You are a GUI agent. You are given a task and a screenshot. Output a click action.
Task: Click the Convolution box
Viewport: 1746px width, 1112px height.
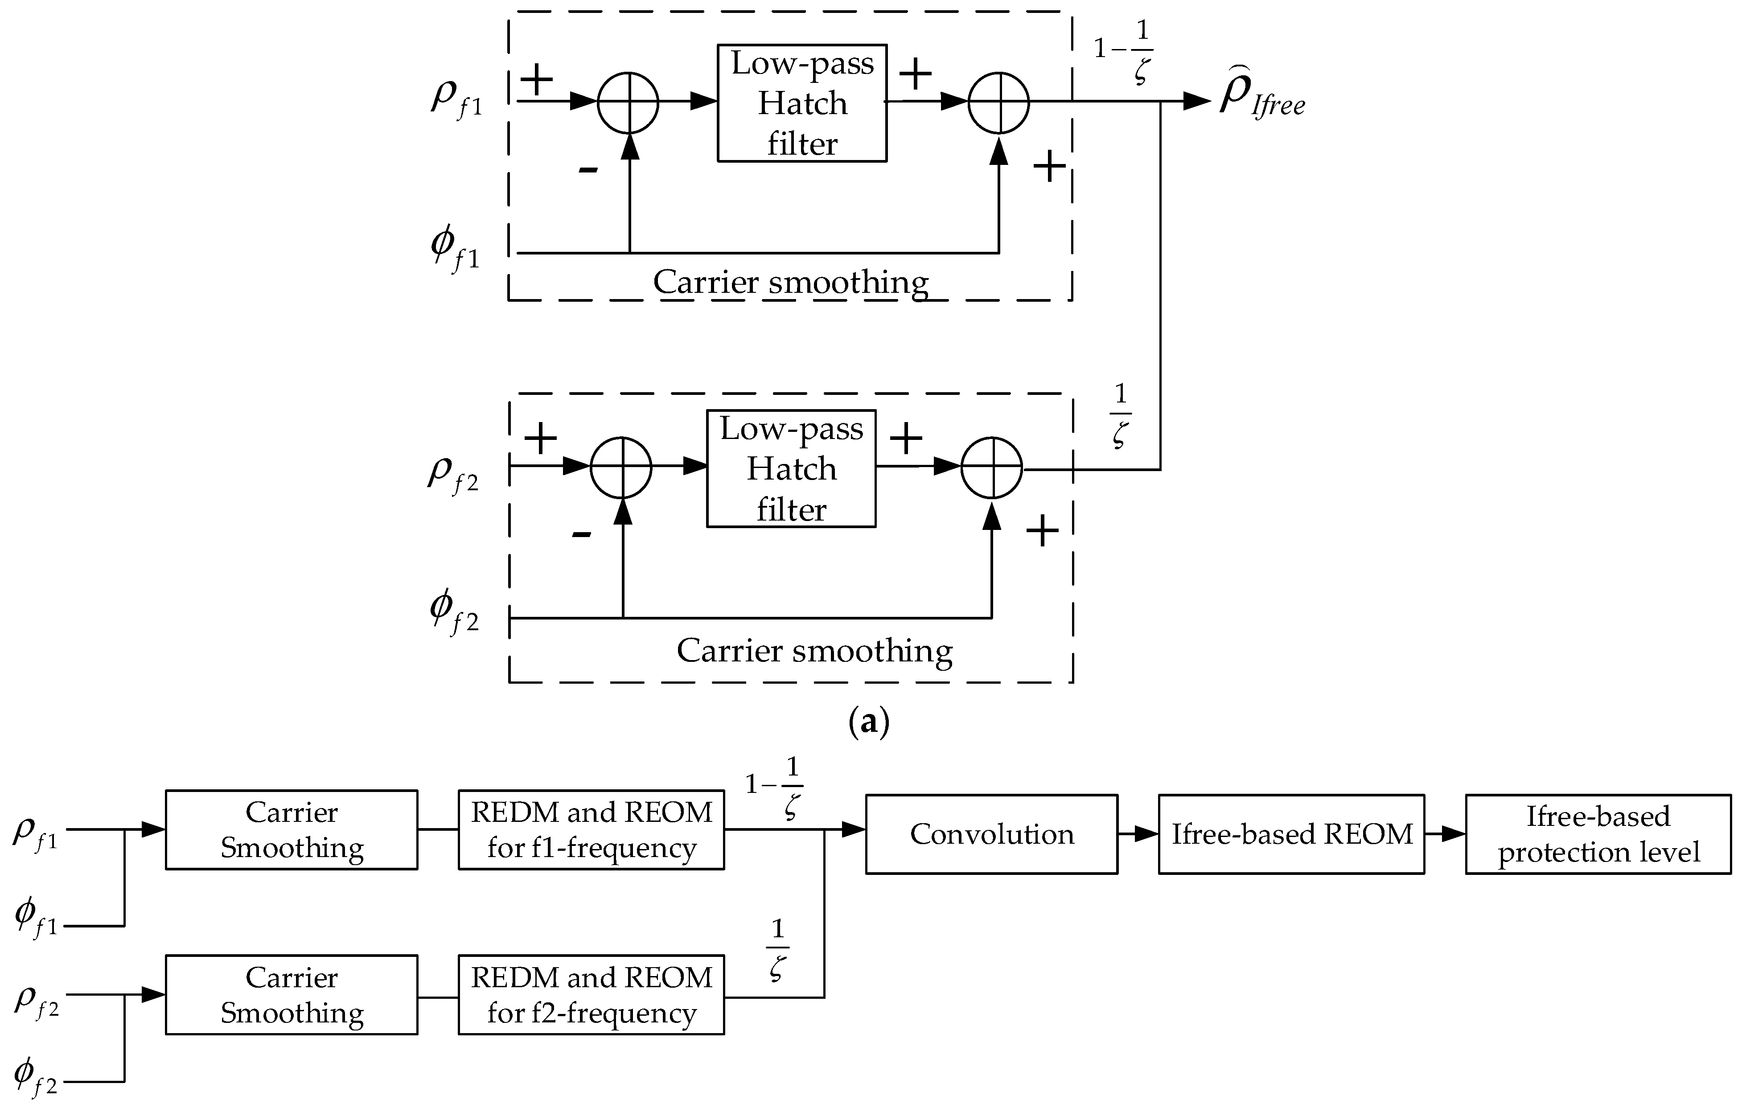(991, 834)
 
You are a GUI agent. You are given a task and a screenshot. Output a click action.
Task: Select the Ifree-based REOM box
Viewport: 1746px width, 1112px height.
(1291, 834)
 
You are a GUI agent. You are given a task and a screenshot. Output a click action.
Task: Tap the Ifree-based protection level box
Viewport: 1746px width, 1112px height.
(1598, 834)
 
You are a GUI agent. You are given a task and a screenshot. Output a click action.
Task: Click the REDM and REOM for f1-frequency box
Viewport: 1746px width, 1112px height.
(591, 829)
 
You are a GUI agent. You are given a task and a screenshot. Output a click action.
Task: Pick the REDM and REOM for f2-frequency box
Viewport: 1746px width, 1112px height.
(591, 995)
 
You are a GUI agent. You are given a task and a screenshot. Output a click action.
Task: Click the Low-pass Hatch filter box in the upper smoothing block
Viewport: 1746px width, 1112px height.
(802, 103)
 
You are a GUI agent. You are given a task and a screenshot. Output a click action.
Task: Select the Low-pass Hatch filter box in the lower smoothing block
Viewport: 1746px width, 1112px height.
(791, 468)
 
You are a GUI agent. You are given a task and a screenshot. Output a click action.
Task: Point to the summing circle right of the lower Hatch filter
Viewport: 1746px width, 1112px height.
(991, 468)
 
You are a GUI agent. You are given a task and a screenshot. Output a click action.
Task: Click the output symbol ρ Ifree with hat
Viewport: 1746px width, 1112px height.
(1260, 98)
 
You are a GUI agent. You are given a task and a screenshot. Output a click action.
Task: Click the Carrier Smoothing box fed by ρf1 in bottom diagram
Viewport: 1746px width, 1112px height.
(292, 829)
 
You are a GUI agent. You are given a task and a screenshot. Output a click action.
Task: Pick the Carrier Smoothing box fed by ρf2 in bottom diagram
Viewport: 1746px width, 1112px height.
(292, 995)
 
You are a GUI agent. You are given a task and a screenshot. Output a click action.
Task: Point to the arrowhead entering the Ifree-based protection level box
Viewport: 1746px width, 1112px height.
(1454, 834)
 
